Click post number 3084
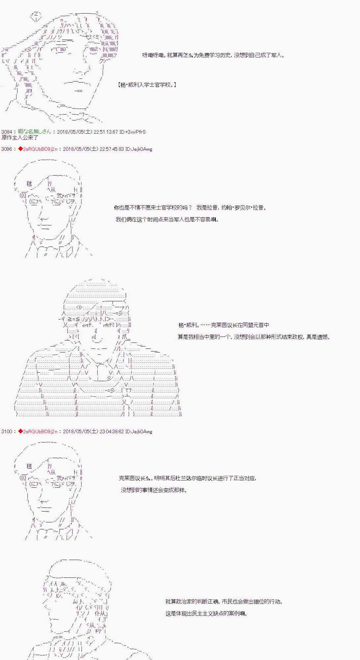7,132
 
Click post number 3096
7,149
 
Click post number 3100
7,431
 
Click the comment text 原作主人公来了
20,138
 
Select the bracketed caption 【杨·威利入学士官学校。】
147,85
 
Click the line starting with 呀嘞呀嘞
213,55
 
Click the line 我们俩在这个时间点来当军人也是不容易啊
167,219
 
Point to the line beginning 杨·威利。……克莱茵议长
224,325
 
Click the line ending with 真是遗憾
254,337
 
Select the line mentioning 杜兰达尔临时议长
187,478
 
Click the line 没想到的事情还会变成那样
154,490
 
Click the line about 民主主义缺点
207,613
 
